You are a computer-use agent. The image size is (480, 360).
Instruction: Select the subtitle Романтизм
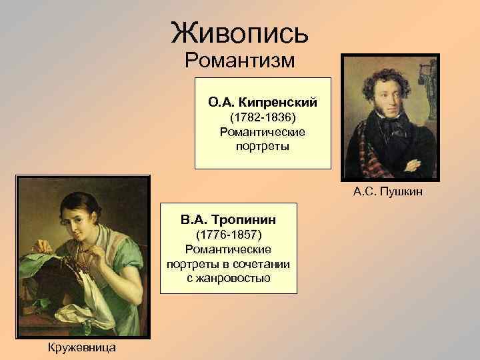[x=239, y=62]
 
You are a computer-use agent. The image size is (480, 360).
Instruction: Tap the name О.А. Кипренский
[x=262, y=103]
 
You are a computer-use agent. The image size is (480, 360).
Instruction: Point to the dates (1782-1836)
[x=263, y=117]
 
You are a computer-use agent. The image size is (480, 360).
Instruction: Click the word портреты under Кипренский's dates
[x=263, y=145]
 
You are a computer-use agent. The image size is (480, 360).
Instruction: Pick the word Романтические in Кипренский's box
[x=263, y=131]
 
